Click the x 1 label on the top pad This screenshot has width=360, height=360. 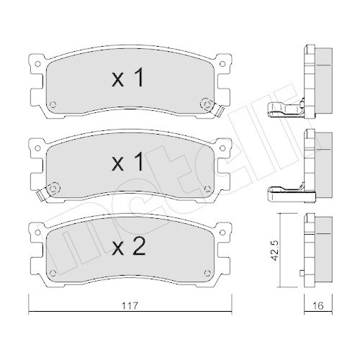click(129, 79)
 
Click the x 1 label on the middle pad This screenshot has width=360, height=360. click(129, 163)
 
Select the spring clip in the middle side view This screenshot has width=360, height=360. click(287, 191)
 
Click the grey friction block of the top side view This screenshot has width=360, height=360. click(323, 76)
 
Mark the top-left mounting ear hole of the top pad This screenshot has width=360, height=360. click(36, 63)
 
